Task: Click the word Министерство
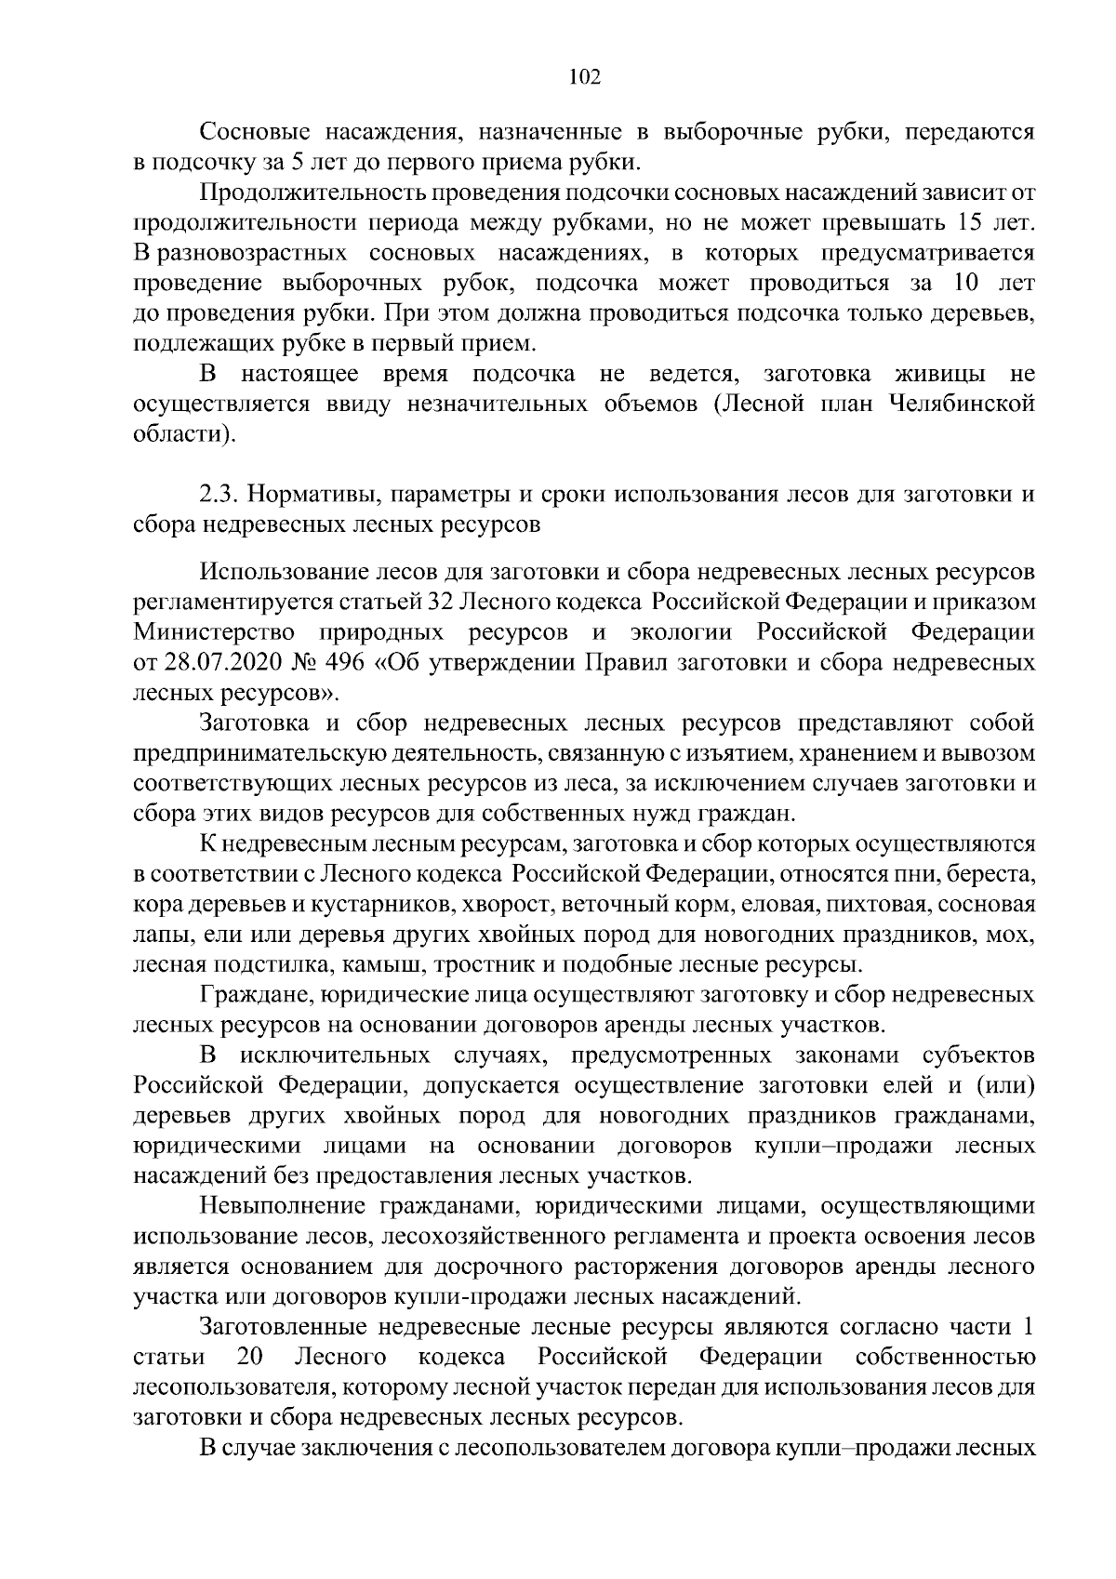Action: (214, 633)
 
